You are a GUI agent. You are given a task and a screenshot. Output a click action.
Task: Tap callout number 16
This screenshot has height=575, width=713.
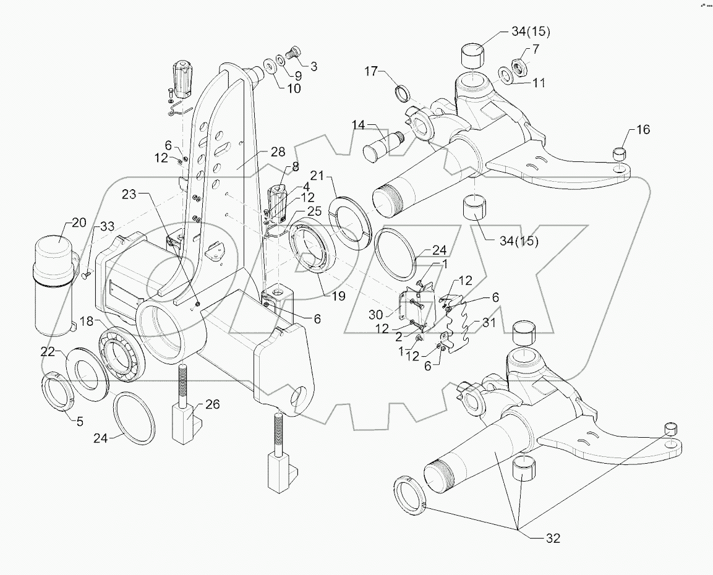pyautogui.click(x=643, y=129)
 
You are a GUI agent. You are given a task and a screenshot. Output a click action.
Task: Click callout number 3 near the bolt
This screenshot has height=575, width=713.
pyautogui.click(x=314, y=66)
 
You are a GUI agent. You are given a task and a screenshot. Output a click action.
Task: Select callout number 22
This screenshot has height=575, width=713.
pyautogui.click(x=48, y=351)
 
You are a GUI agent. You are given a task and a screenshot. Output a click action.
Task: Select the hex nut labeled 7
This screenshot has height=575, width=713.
pyautogui.click(x=518, y=65)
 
